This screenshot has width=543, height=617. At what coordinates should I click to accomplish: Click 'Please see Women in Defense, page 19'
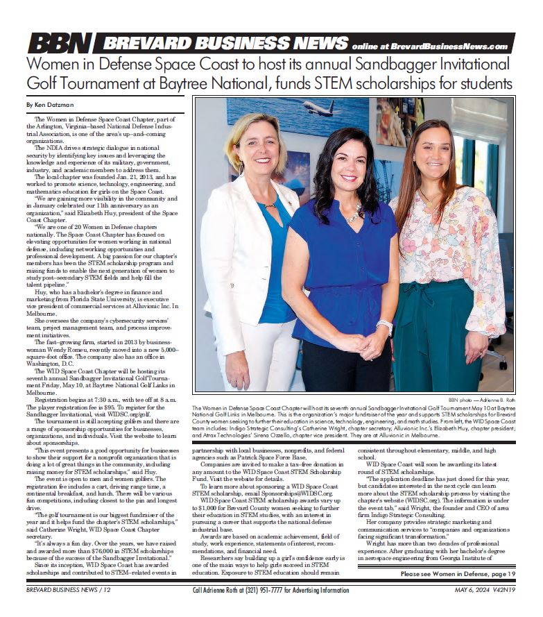[458, 573]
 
